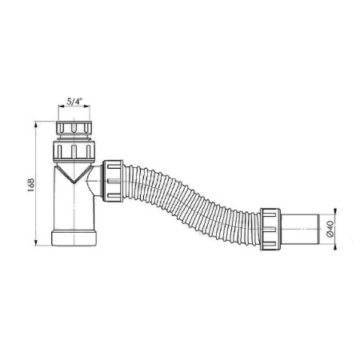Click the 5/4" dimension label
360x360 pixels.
(x=74, y=102)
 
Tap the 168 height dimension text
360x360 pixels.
(x=31, y=185)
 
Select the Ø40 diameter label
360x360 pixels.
(x=330, y=229)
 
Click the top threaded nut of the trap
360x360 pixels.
(x=74, y=128)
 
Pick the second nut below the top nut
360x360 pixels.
(x=74, y=151)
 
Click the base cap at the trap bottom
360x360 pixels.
(x=74, y=238)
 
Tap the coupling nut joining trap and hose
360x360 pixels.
(x=113, y=181)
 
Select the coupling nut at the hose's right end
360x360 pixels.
(x=270, y=229)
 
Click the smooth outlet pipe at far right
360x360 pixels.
(x=300, y=229)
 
